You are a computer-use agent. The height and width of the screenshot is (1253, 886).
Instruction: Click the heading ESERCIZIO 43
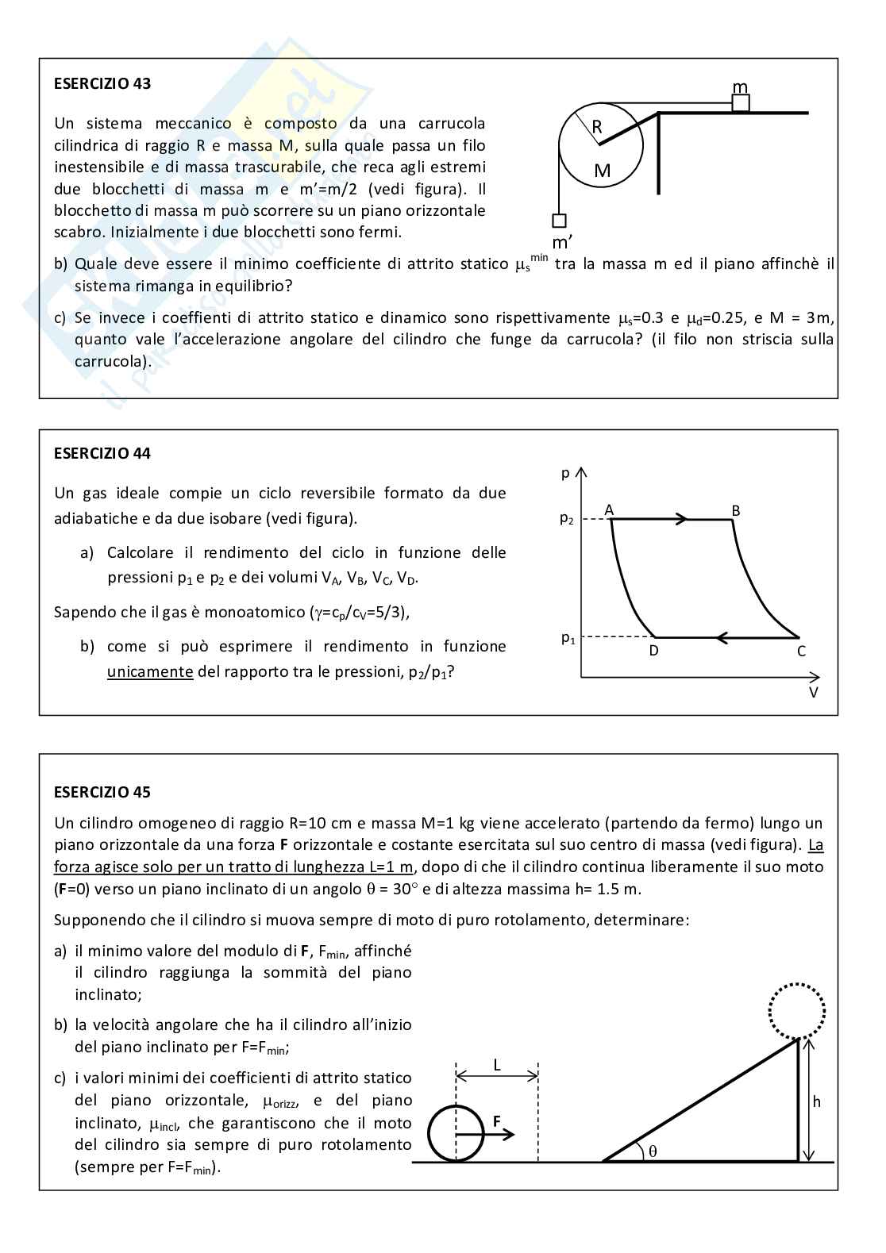tap(102, 83)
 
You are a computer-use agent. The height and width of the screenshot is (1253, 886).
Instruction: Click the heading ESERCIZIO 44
tap(102, 454)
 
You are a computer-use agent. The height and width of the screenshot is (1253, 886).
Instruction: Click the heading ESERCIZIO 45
tap(102, 792)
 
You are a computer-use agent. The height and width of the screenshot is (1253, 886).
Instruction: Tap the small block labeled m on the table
tap(741, 103)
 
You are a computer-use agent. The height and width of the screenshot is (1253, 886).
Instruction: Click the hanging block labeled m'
tap(559, 221)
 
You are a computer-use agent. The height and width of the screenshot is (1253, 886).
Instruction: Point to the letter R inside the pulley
tap(597, 127)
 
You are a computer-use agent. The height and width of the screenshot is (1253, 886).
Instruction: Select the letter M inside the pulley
tap(603, 171)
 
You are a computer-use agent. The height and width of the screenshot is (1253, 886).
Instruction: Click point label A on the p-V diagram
tap(610, 510)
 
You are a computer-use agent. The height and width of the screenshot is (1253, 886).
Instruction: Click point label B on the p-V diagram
tap(736, 511)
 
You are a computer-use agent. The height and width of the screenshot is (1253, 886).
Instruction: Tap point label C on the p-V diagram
tap(801, 651)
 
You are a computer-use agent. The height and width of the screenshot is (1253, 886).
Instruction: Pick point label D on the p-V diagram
tap(653, 651)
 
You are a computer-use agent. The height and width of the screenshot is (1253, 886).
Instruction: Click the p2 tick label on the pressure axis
tap(566, 520)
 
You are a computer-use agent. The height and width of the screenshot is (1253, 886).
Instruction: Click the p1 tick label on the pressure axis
tap(567, 638)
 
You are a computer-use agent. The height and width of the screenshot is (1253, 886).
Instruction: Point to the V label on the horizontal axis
tap(813, 692)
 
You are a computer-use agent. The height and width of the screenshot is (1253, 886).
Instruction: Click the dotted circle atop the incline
tap(797, 1010)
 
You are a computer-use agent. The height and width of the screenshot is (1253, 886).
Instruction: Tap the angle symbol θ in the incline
tap(653, 1151)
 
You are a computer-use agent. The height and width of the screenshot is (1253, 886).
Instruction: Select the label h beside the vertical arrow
tap(817, 1101)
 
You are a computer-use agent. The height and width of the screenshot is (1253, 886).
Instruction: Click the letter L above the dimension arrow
tap(497, 1065)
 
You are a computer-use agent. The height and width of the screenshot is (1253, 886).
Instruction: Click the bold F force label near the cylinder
tap(497, 1122)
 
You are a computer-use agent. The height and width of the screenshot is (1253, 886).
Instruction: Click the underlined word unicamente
tap(150, 671)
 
